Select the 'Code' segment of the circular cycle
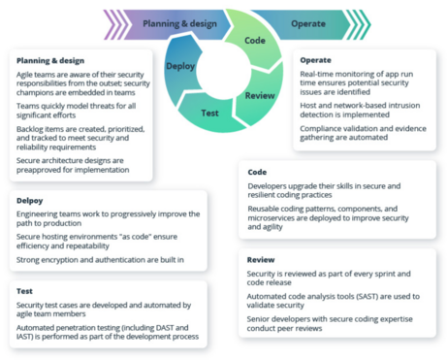pyautogui.click(x=254, y=41)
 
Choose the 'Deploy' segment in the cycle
pyautogui.click(x=181, y=66)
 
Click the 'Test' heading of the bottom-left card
pyautogui.click(x=26, y=290)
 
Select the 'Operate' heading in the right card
pyautogui.click(x=315, y=60)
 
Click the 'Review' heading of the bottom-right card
pyautogui.click(x=261, y=260)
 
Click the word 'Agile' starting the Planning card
pyautogui.click(x=26, y=75)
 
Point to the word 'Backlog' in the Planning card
pyautogui.click(x=32, y=127)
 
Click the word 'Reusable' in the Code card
pyautogui.click(x=265, y=208)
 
